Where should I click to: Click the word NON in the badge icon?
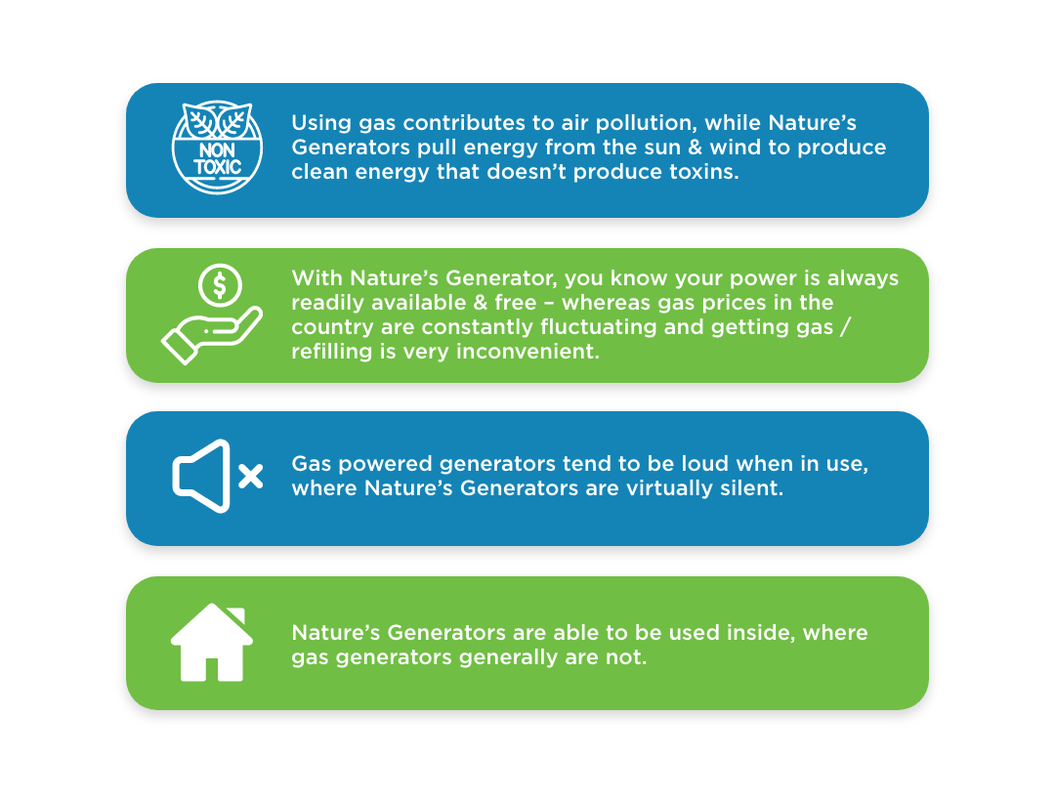click(x=217, y=150)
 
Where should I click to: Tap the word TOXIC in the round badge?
click(x=217, y=167)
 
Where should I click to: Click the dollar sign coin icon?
click(x=220, y=285)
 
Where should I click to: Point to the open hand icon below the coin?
click(x=211, y=334)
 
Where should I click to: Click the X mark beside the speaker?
click(x=250, y=476)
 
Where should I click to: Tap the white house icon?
click(x=212, y=643)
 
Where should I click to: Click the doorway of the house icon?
click(x=212, y=669)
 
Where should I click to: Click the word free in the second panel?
click(x=516, y=303)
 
